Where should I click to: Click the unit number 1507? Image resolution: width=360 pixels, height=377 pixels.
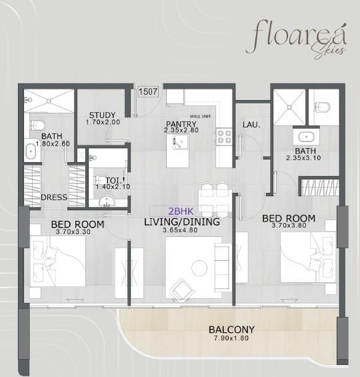pos(147,93)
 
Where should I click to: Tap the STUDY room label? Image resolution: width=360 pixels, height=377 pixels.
pos(102,115)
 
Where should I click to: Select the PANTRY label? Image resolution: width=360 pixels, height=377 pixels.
pos(181,123)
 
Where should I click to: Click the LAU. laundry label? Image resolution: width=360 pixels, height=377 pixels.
pos(251,124)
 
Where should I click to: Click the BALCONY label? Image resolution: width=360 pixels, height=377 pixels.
pos(231,329)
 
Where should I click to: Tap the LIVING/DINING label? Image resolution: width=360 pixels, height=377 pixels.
pos(182,222)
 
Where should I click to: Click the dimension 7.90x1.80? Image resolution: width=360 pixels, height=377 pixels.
pos(231,338)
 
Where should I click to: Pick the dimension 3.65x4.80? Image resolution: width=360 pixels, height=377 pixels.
pos(182,231)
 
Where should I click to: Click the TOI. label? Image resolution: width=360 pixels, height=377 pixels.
pos(102,179)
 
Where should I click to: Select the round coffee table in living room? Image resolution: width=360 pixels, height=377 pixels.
pos(199,268)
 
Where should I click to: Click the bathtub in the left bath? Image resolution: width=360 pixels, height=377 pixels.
pos(29,151)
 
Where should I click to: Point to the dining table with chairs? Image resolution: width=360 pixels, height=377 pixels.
pos(214,194)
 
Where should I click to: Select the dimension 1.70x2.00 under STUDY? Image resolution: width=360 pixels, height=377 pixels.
pos(103,123)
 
